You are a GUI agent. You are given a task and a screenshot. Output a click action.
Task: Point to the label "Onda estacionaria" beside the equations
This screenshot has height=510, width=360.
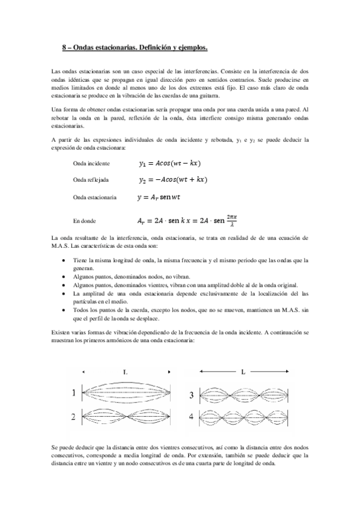coord(94,197)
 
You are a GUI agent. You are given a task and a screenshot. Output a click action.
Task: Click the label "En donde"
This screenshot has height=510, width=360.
coord(85,221)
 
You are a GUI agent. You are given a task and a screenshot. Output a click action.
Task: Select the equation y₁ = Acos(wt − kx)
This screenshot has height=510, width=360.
coord(169,163)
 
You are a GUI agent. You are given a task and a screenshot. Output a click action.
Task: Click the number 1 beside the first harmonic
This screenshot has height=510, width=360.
coord(73,393)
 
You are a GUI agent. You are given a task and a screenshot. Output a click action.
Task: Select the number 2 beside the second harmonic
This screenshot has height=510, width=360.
coord(73,416)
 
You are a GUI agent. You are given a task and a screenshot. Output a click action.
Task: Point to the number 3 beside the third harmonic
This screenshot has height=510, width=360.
coord(192,395)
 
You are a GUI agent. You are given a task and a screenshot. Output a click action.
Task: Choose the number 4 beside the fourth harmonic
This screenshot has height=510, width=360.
coord(192,416)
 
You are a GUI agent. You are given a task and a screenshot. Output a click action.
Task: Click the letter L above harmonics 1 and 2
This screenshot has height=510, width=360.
coord(125,373)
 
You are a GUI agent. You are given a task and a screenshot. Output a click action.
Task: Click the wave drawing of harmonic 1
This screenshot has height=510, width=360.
coord(125,394)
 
